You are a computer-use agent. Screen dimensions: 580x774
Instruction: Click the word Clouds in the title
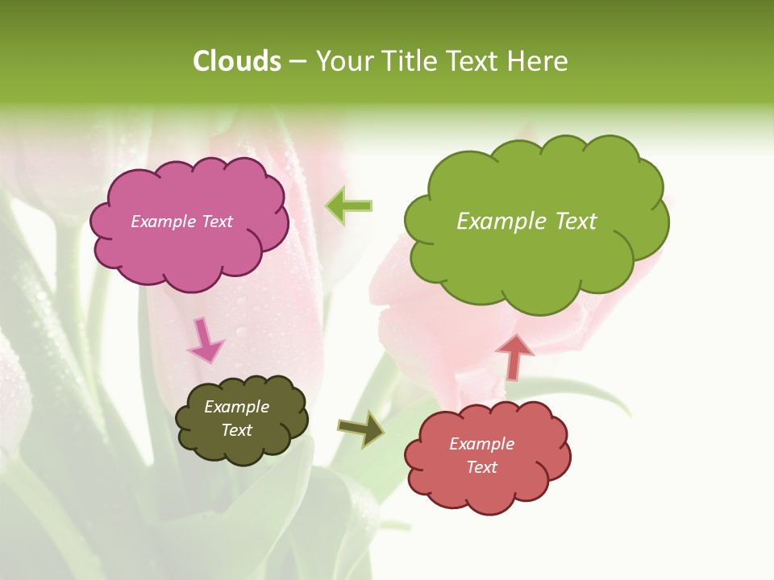coord(237,61)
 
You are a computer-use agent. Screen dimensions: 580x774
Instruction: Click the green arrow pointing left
coord(348,206)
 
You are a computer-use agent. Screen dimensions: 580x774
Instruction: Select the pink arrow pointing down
coord(205,340)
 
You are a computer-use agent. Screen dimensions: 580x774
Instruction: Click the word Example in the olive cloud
coord(236,407)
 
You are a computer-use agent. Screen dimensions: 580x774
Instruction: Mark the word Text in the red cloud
coord(481,467)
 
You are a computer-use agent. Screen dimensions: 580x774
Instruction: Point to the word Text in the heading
coord(473,61)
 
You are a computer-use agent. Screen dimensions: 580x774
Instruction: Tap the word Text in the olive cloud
coord(236,430)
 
